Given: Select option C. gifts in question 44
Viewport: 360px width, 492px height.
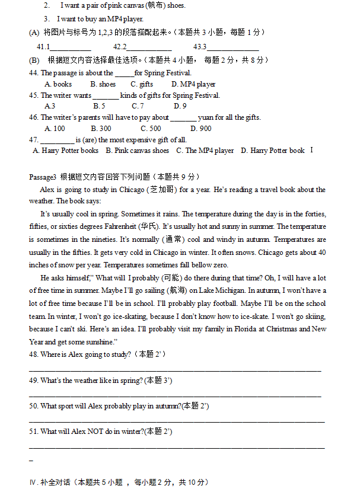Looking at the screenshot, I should click(142, 84).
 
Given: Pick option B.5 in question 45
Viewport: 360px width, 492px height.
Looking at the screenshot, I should click(99, 106).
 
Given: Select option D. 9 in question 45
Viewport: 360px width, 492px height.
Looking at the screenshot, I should click(180, 106).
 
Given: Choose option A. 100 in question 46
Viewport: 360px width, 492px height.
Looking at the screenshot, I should click(55, 128).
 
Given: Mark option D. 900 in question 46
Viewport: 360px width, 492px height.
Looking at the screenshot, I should click(200, 128).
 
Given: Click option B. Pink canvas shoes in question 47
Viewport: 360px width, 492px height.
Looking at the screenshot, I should click(137, 151).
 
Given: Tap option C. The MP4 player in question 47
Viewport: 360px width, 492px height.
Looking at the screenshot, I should click(205, 151).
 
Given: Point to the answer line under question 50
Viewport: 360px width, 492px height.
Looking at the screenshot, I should click(177, 421).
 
